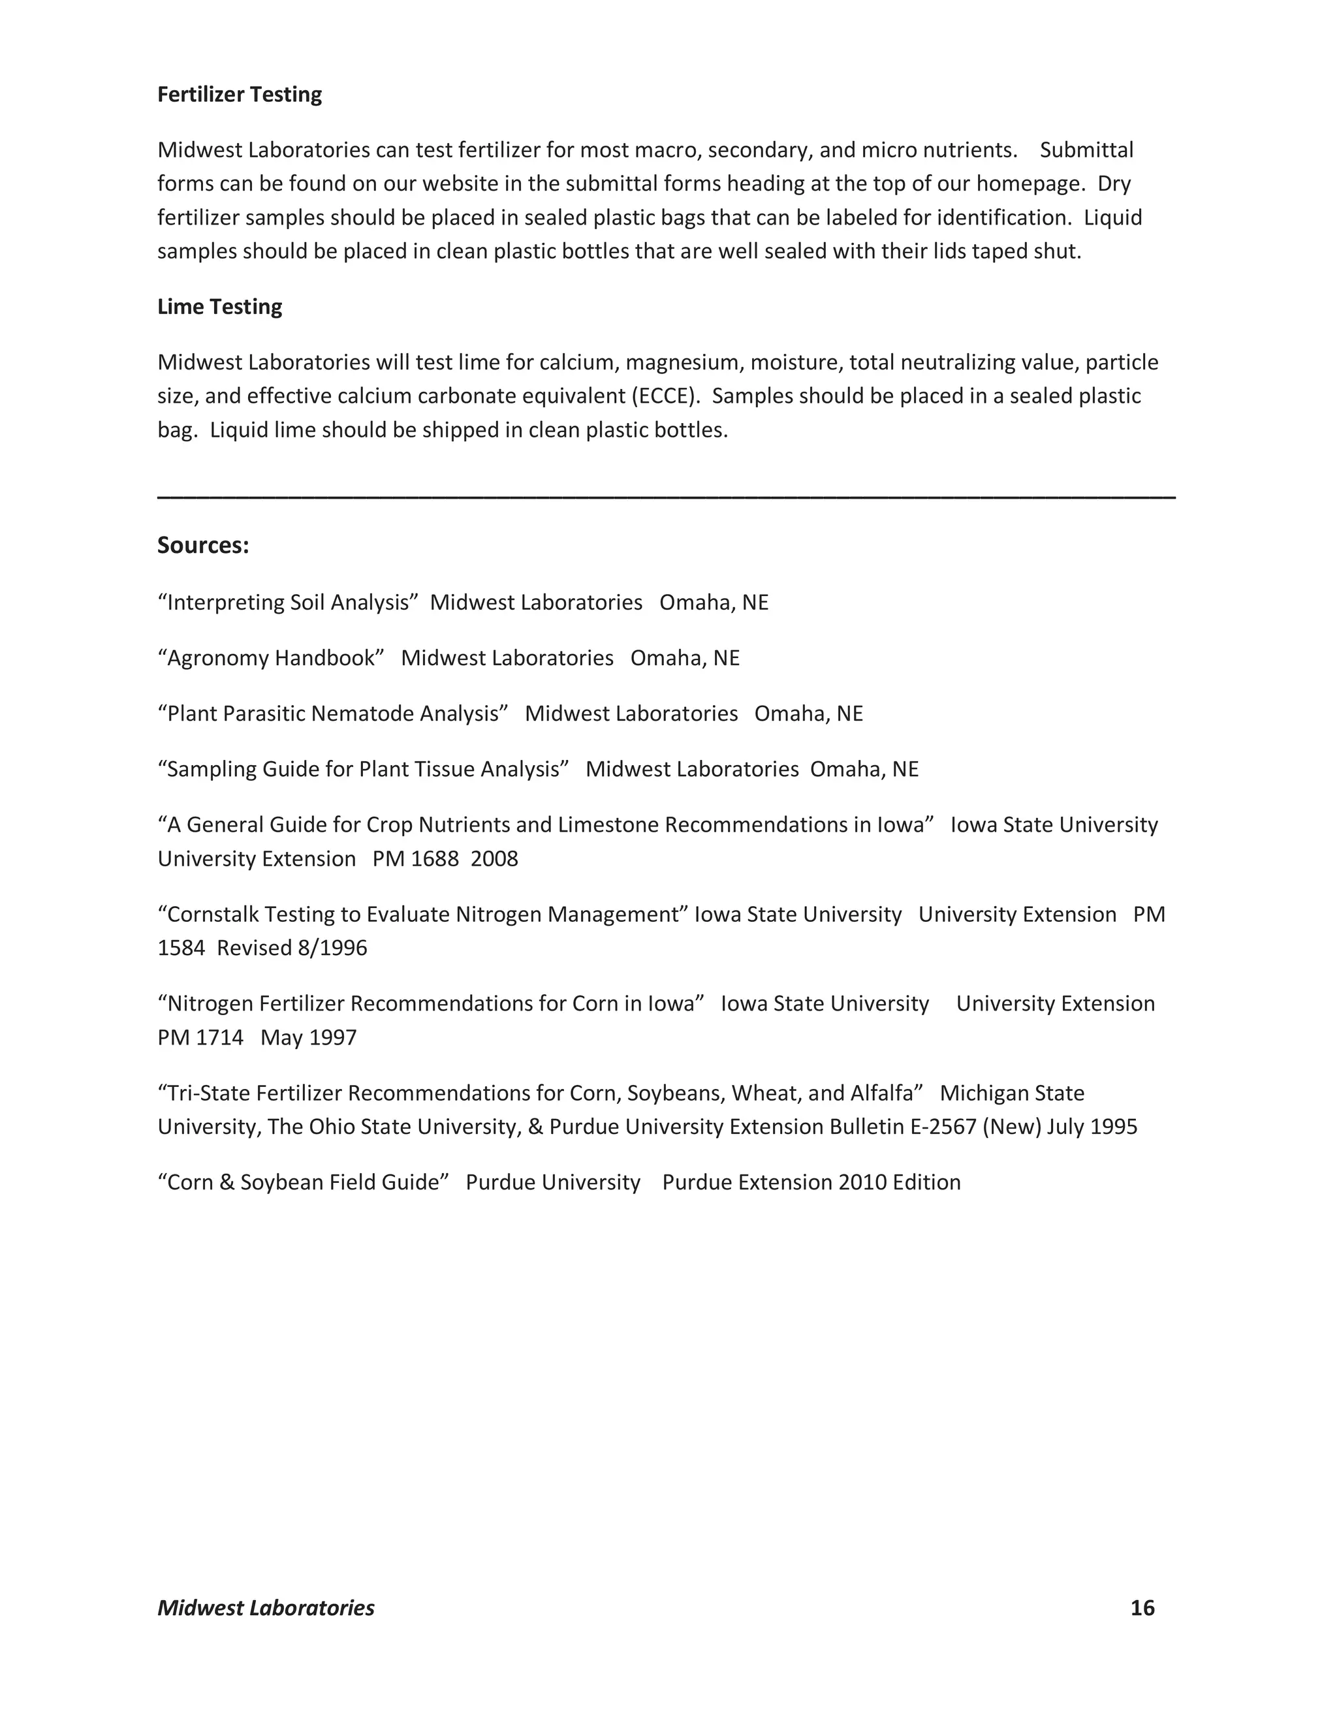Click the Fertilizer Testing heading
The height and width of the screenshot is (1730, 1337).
coord(239,94)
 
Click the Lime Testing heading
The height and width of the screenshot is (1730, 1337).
coord(219,307)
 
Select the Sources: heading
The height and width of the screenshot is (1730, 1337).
coord(203,545)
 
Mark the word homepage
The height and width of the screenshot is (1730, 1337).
coord(1030,184)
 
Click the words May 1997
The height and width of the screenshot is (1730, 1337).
coord(308,1038)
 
